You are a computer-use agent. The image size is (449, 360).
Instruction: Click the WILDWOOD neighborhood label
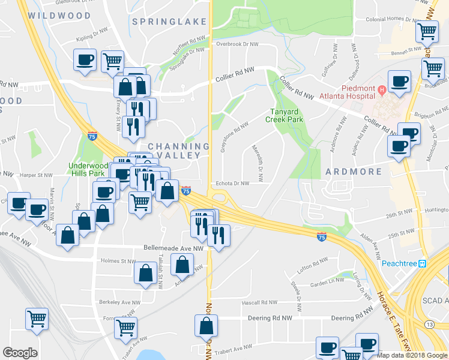pos(59,16)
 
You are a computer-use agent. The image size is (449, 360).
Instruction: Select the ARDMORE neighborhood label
pos(354,172)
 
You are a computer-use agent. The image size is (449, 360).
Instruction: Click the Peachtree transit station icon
pos(422,263)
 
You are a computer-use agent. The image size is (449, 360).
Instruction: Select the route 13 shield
pos(429,324)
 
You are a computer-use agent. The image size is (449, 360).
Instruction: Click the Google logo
pos(20,353)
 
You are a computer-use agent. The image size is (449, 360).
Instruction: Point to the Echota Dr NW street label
pos(232,184)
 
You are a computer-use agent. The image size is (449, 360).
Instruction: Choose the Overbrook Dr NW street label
pos(237,44)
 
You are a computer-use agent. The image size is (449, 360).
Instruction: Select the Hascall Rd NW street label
pos(261,303)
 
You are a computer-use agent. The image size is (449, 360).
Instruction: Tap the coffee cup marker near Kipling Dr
pos(84,59)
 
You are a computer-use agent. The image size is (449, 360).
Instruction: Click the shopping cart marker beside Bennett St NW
pos(427,31)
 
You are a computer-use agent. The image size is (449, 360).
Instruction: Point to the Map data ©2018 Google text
pos(412,355)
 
